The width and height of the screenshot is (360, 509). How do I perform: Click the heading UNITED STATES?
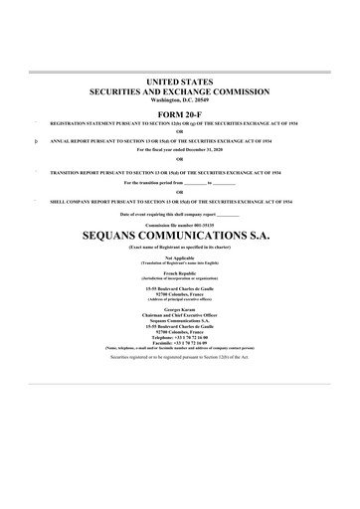(x=180, y=79)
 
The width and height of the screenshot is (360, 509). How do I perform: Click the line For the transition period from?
(x=180, y=184)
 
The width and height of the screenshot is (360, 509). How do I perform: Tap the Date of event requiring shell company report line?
(x=180, y=215)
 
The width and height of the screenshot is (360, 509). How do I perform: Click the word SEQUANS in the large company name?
(x=123, y=239)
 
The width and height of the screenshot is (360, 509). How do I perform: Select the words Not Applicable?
(x=180, y=256)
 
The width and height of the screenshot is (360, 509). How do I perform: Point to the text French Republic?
(x=180, y=271)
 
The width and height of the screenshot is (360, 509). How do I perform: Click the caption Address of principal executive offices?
(x=180, y=299)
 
